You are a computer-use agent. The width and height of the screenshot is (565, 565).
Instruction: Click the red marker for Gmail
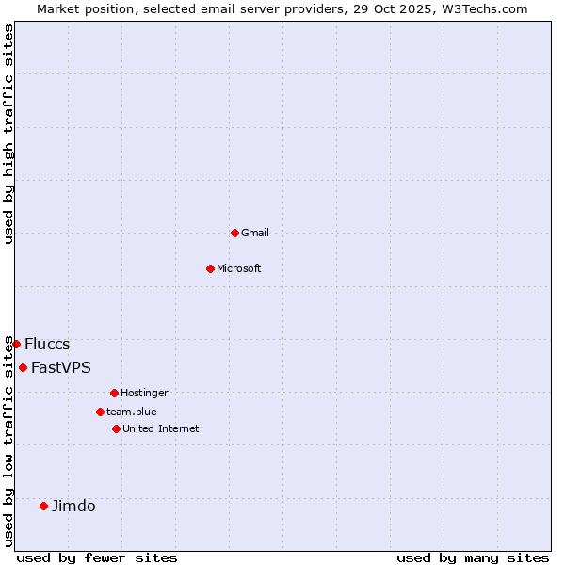point(234,233)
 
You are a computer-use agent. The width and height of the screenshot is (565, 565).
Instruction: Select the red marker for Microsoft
point(210,268)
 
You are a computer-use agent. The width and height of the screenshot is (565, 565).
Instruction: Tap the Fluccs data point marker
point(16,344)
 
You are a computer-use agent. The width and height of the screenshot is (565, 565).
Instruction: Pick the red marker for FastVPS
point(23,367)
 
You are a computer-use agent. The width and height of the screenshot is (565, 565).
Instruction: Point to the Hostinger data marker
point(114,393)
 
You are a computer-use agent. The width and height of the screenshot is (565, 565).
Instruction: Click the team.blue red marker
point(100,412)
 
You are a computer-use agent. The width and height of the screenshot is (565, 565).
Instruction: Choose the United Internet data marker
point(116,428)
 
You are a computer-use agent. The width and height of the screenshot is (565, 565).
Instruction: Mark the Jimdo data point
point(43,506)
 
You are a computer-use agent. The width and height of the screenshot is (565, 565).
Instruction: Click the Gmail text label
point(255,233)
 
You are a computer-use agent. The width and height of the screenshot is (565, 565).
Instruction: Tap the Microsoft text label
point(239,268)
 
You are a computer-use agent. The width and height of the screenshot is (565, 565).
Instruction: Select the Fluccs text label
point(47,344)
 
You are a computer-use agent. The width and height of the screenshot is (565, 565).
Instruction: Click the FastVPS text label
point(61,367)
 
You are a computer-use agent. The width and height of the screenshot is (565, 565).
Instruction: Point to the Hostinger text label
point(144,393)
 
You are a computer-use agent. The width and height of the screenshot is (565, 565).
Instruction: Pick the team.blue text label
point(132,412)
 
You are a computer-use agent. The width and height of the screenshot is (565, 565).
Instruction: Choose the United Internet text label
point(161,428)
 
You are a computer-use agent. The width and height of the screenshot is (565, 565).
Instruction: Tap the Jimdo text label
point(73,506)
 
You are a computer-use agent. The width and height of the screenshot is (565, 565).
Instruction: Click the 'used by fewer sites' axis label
point(97,557)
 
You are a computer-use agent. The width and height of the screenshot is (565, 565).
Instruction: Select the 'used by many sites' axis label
point(473,557)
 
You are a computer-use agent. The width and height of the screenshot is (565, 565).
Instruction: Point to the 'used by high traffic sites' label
point(8,134)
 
